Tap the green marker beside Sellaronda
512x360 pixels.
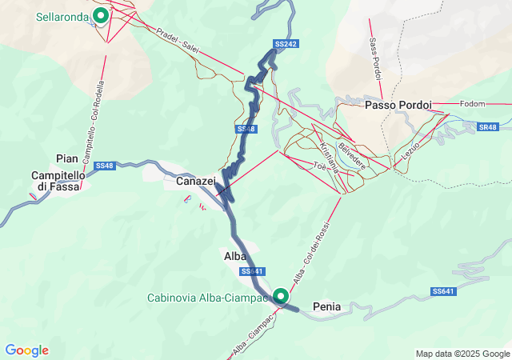click(x=101, y=15)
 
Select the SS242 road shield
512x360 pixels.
click(x=286, y=44)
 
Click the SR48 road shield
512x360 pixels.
click(x=488, y=127)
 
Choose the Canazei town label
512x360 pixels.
click(x=196, y=182)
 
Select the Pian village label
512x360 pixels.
click(x=67, y=158)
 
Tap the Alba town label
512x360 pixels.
click(x=234, y=256)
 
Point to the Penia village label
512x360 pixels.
click(x=327, y=306)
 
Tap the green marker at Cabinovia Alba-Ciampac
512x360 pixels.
click(x=282, y=296)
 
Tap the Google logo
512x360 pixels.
click(x=26, y=350)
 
